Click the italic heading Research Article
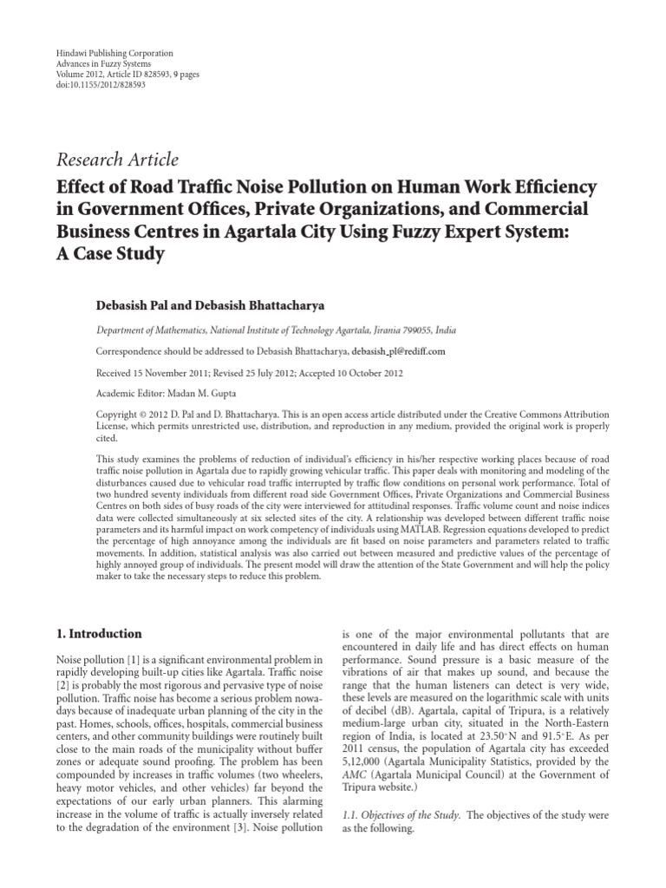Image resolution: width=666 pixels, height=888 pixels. tap(117, 159)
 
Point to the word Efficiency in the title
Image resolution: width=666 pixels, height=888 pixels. tap(543, 188)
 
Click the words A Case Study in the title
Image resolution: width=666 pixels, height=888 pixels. tap(110, 256)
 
